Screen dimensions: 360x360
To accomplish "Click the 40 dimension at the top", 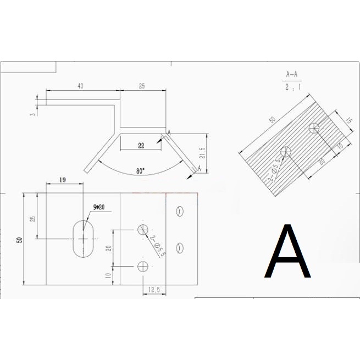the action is [80, 86].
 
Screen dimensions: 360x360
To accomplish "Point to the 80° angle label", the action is [141, 171].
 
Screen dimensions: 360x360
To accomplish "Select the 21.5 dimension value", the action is [202, 153].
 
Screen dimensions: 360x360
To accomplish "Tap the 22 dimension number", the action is [141, 146].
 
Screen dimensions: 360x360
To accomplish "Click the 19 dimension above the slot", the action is [63, 180].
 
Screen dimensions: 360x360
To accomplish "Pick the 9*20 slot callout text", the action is [99, 207].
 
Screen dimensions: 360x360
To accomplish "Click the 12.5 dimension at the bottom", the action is [154, 290].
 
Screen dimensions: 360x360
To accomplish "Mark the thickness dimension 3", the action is [34, 114].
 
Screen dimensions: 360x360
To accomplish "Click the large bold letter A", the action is [287, 251].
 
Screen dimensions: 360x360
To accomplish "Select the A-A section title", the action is [292, 74].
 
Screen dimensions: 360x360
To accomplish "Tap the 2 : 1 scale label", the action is [293, 87].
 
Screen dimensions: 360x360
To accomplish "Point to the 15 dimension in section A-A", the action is [349, 120].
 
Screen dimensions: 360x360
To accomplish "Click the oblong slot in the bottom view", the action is [84, 239].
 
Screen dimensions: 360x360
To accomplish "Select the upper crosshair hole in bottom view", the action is [143, 230].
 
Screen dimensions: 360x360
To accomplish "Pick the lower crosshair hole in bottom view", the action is [143, 267].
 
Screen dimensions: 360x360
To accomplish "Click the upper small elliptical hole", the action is [180, 211].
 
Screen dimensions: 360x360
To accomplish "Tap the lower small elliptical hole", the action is [180, 248].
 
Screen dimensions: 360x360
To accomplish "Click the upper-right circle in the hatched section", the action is [314, 128].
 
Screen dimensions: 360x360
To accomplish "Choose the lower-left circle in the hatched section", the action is [286, 151].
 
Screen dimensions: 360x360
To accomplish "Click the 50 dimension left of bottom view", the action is [20, 240].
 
